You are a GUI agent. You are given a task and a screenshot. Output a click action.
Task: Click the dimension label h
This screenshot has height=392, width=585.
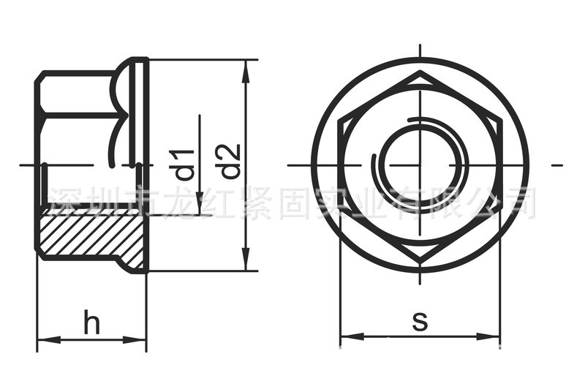(x=91, y=323)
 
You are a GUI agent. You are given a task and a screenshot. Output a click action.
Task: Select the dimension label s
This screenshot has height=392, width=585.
(x=420, y=320)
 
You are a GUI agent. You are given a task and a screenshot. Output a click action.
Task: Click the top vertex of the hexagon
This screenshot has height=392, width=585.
(x=420, y=73)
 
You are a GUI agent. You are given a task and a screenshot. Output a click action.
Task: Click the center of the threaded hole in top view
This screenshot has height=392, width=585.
(x=420, y=165)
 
